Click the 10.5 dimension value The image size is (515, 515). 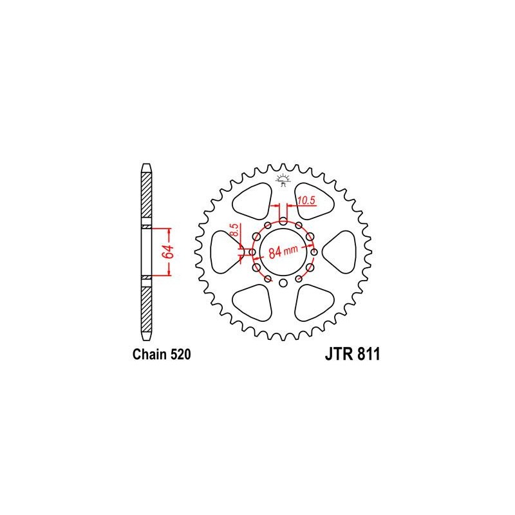[x=306, y=200]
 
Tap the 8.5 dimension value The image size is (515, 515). [x=234, y=230]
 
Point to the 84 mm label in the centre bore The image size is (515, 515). [x=283, y=252]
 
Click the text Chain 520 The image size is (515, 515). [x=162, y=355]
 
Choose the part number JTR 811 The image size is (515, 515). [x=352, y=355]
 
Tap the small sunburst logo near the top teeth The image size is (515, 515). [x=283, y=180]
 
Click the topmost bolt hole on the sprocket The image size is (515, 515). [x=283, y=221]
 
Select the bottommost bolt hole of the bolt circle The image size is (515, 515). [x=283, y=283]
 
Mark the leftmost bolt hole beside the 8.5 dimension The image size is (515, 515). [x=252, y=252]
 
